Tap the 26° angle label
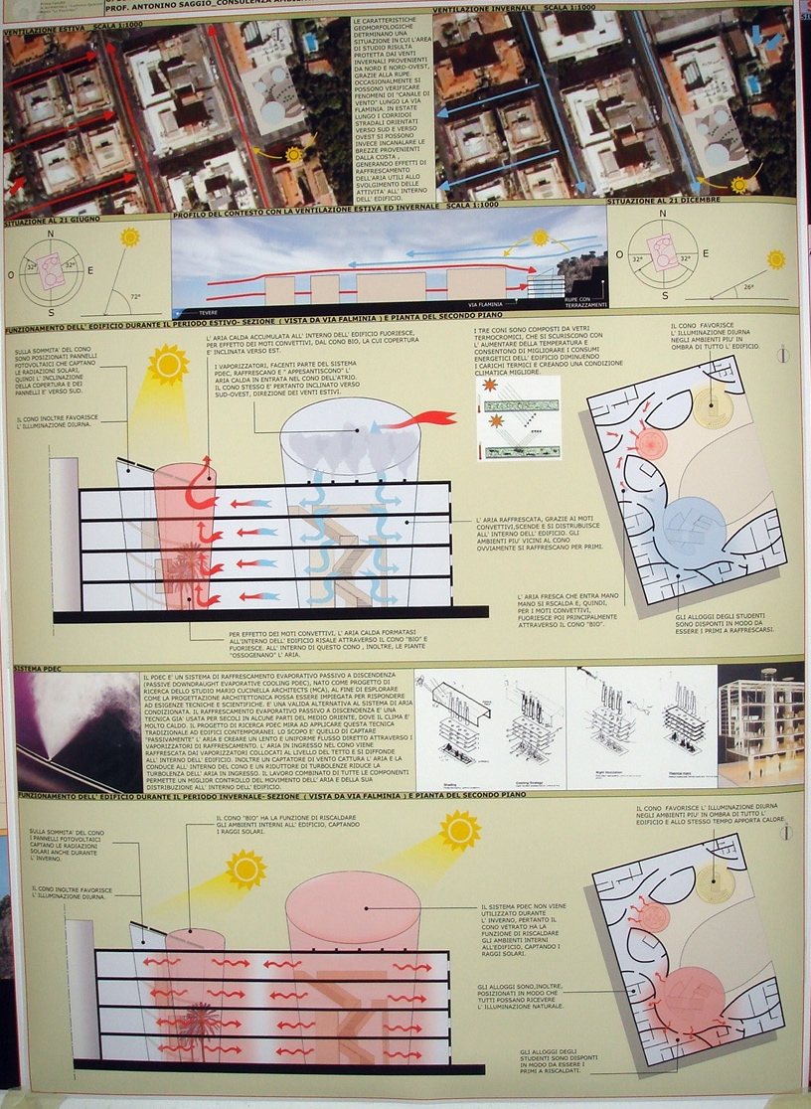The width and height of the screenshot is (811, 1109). (749, 287)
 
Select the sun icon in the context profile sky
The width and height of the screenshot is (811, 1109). (541, 238)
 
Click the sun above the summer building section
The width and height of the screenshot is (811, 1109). (168, 364)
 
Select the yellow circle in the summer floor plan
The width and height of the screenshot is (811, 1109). (713, 407)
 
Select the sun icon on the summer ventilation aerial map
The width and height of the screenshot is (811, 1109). (293, 154)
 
